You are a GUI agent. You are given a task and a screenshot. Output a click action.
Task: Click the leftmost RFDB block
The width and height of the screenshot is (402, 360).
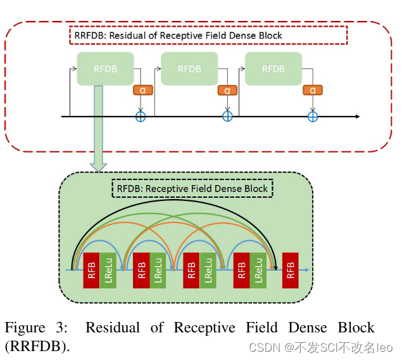point(105,68)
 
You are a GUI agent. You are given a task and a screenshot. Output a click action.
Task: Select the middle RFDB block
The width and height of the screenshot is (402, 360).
point(189,68)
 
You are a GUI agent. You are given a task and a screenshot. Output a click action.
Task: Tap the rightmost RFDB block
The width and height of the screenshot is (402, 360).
point(273,68)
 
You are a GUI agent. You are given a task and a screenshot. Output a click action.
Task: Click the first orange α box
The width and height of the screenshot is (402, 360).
point(143,90)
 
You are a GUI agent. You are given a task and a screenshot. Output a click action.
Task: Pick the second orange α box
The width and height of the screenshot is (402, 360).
point(227,90)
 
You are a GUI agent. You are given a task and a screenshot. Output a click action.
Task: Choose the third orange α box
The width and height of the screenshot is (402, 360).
point(312,90)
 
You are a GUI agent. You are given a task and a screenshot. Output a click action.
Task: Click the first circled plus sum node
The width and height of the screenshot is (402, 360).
point(141,117)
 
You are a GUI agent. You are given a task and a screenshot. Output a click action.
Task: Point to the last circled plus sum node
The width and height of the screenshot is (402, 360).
point(312,117)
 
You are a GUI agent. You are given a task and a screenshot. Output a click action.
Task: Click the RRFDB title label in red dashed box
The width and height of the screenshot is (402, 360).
point(208,35)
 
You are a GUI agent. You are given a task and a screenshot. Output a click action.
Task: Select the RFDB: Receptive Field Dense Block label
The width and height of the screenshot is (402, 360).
point(192,188)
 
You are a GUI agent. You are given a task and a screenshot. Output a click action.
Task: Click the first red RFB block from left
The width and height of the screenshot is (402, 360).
point(91,271)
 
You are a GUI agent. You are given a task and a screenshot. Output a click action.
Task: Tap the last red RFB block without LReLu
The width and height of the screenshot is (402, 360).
point(291,271)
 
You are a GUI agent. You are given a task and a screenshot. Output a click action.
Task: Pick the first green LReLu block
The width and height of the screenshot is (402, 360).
point(108,271)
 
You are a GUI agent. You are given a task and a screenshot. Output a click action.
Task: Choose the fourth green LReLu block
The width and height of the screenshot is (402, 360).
point(258,271)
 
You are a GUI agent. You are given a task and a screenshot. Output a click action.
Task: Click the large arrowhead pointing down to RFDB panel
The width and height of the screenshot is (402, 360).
point(98,167)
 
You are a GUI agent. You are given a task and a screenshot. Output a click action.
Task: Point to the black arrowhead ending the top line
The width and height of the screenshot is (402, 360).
point(356,117)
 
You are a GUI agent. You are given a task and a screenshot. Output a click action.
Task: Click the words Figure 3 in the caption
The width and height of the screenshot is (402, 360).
point(35,328)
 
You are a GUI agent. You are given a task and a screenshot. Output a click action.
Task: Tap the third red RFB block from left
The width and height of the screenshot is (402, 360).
point(191,271)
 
